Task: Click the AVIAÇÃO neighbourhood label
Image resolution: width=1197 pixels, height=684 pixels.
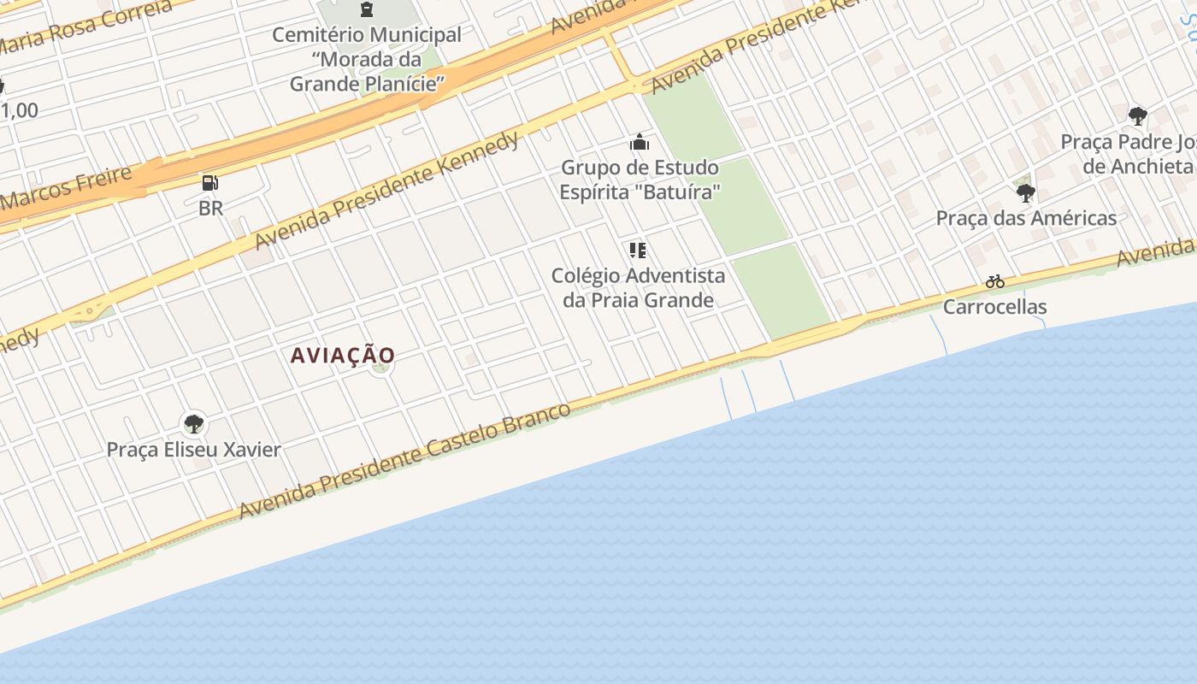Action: coord(343,355)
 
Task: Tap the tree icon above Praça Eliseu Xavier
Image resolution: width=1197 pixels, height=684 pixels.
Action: coord(194,422)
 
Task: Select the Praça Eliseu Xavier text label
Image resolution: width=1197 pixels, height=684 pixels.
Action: coord(194,450)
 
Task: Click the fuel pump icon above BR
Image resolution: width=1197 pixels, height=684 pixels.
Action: coord(210,182)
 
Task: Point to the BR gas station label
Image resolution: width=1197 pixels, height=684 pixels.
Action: coord(210,208)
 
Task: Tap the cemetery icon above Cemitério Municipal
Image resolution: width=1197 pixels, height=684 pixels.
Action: coord(367,10)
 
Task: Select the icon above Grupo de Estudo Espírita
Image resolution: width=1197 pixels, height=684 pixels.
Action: coord(640,142)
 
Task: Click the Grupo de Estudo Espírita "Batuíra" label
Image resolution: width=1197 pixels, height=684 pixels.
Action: coord(640,180)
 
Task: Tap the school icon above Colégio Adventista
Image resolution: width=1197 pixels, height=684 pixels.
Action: coord(638,251)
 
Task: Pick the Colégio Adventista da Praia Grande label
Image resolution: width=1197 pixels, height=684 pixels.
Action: coord(638,287)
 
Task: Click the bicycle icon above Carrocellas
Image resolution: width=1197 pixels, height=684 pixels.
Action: coord(994,281)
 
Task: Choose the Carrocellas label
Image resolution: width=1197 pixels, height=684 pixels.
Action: coord(994,306)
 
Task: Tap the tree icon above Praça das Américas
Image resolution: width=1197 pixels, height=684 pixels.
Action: coord(1026,193)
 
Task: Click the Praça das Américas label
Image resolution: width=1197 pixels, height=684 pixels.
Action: coord(1026,218)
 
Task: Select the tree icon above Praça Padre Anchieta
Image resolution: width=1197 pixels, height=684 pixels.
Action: coord(1137,116)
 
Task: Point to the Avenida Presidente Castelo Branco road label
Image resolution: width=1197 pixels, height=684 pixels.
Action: coord(404,460)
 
